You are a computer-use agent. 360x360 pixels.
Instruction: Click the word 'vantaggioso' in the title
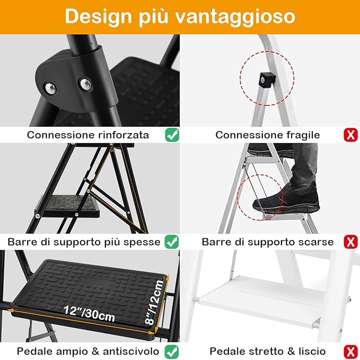242,16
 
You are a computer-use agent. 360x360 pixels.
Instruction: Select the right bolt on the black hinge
84,83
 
